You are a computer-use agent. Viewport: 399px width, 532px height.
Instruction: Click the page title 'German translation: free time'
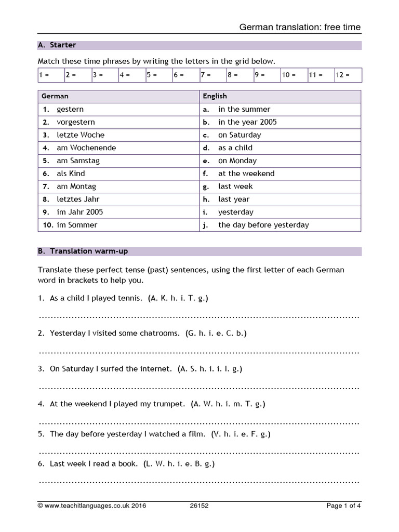tap(300, 27)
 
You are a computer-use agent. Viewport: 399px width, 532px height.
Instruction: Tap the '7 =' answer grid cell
tap(212, 75)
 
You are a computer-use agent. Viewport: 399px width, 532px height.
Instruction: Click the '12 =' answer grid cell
tap(348, 75)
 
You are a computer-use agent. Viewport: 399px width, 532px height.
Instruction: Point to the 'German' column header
tap(55, 96)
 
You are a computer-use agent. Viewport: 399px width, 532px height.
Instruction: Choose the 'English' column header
tap(215, 96)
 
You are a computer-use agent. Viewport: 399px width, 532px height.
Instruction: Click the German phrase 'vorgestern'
tap(76, 122)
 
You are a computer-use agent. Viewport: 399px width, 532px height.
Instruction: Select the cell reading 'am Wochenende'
tap(86, 148)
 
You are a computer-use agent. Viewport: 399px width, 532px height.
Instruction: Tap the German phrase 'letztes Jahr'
tap(78, 199)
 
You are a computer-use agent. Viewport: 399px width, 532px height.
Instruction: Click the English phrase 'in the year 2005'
tap(247, 122)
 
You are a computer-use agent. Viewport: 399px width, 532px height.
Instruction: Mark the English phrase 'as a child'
tap(235, 148)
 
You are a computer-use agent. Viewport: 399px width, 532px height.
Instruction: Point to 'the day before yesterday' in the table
tap(263, 225)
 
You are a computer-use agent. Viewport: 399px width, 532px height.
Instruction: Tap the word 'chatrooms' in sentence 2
tap(159, 333)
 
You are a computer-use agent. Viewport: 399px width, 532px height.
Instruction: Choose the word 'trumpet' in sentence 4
tap(170, 404)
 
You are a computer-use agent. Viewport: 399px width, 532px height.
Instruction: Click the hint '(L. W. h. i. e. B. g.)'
tap(179, 463)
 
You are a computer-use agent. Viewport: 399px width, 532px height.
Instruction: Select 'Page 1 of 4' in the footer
tap(343, 506)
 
